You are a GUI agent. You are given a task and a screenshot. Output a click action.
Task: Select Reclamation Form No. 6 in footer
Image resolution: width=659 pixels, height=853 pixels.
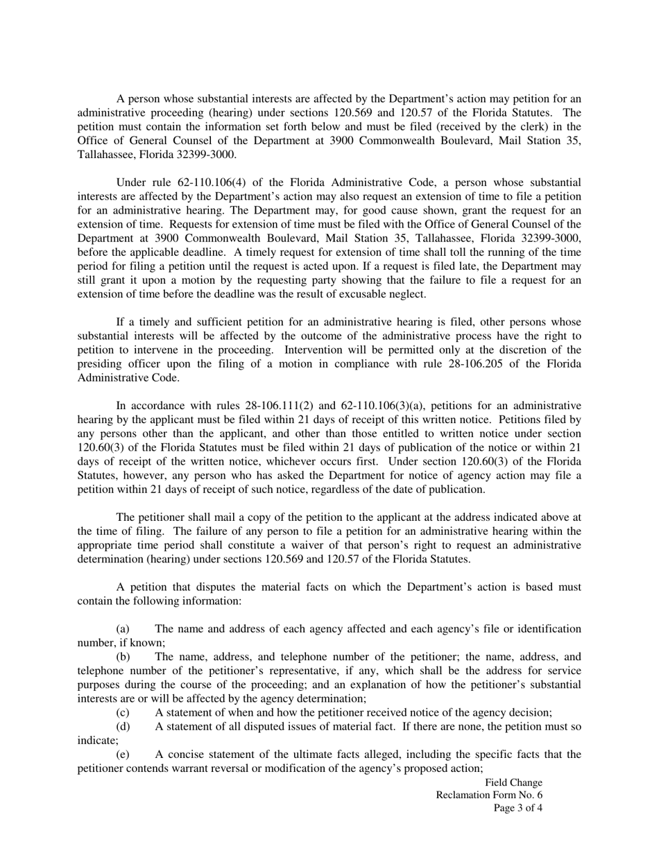coord(489,795)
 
